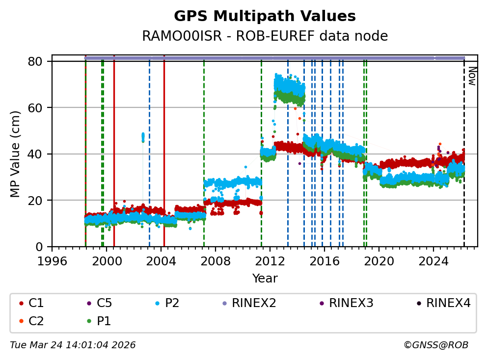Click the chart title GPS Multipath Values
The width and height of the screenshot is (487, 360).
(x=265, y=17)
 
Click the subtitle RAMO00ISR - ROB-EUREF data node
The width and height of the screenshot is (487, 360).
(x=265, y=36)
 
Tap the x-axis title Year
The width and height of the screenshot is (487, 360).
(x=265, y=279)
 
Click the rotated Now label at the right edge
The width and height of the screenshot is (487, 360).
(x=472, y=76)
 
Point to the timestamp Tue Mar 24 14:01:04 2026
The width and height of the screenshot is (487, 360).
(x=73, y=345)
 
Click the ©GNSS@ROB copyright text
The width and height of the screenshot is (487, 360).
(x=436, y=345)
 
